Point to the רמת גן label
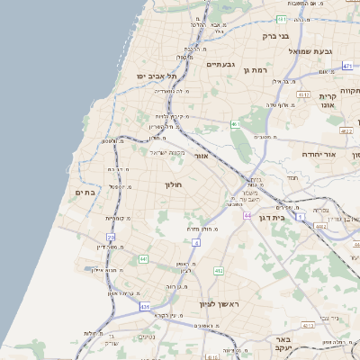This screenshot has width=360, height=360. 256,68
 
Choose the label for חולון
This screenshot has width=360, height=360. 173,184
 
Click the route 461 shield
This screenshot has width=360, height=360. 235,124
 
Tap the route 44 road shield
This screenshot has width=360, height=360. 247,216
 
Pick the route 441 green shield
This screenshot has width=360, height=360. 143,259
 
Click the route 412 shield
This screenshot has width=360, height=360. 218,270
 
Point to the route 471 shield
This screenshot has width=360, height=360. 347,66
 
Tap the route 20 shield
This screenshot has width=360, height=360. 112,237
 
